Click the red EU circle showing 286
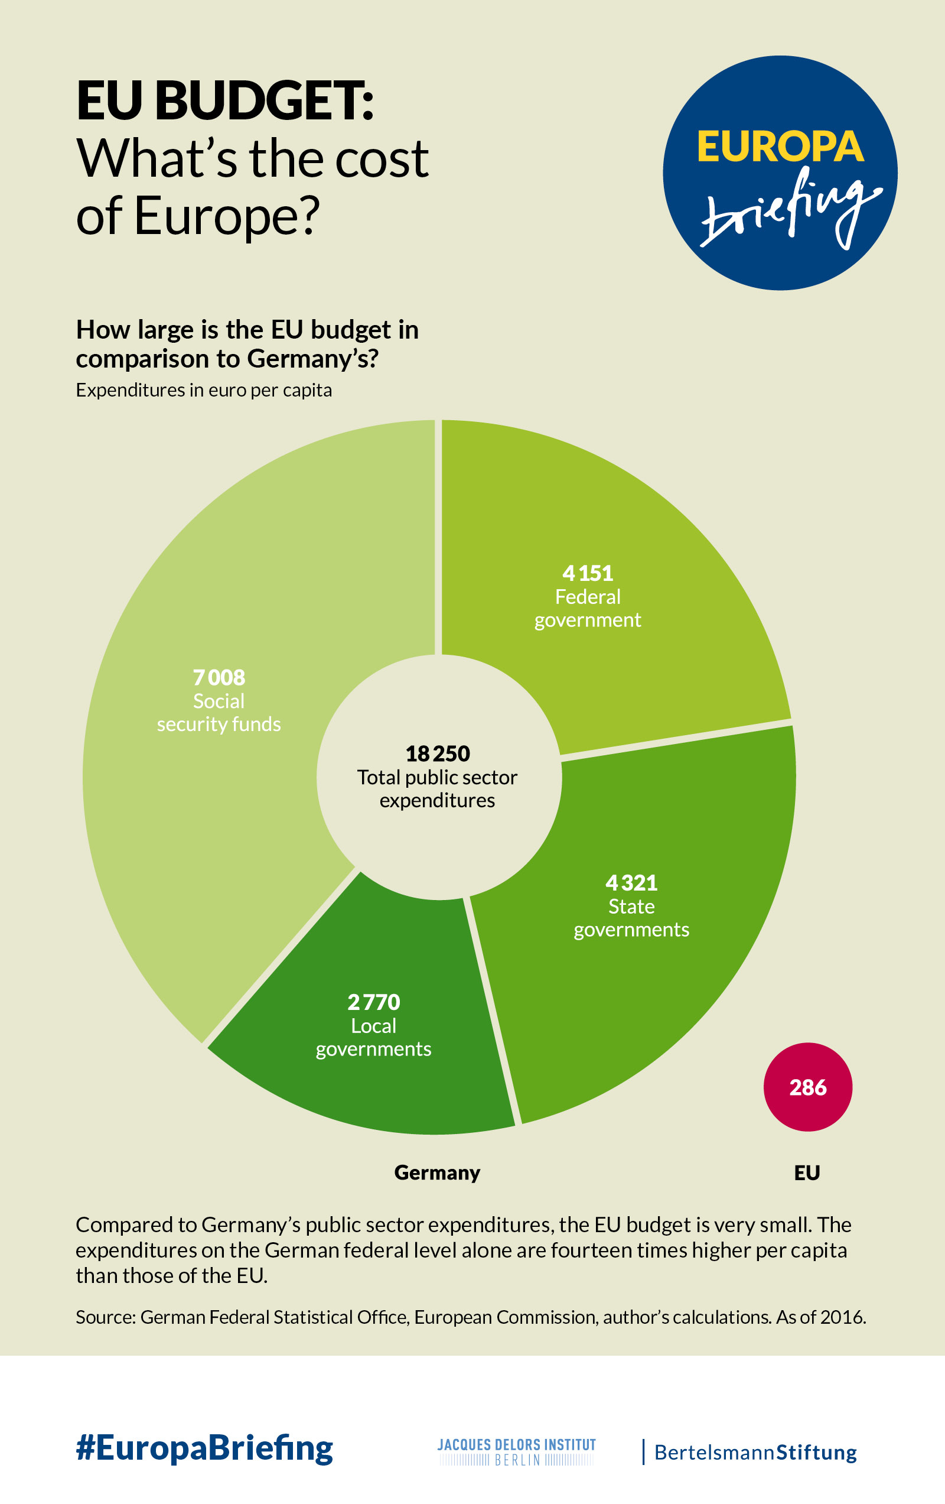click(x=808, y=1087)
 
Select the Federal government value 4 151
click(x=587, y=573)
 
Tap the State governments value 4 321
click(x=631, y=882)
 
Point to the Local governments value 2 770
click(x=373, y=1002)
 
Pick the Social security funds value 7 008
click(x=219, y=677)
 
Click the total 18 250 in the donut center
click(x=438, y=753)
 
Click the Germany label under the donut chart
click(x=437, y=1172)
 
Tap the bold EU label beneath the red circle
click(x=807, y=1172)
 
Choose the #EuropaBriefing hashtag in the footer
click(x=204, y=1448)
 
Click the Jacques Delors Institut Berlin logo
click(x=516, y=1451)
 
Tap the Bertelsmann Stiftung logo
click(x=755, y=1452)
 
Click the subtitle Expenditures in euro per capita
click(x=204, y=390)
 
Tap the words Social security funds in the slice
click(x=219, y=713)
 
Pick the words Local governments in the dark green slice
click(x=373, y=1038)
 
